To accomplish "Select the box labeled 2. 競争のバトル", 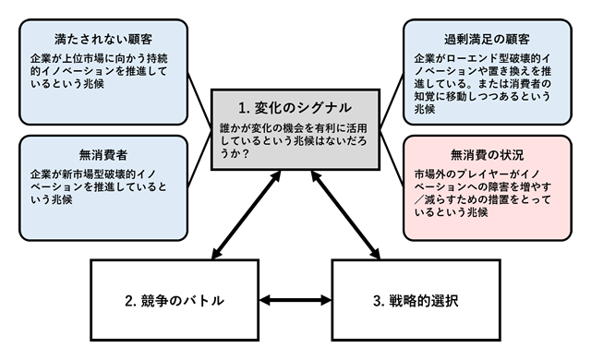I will (174, 301).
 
